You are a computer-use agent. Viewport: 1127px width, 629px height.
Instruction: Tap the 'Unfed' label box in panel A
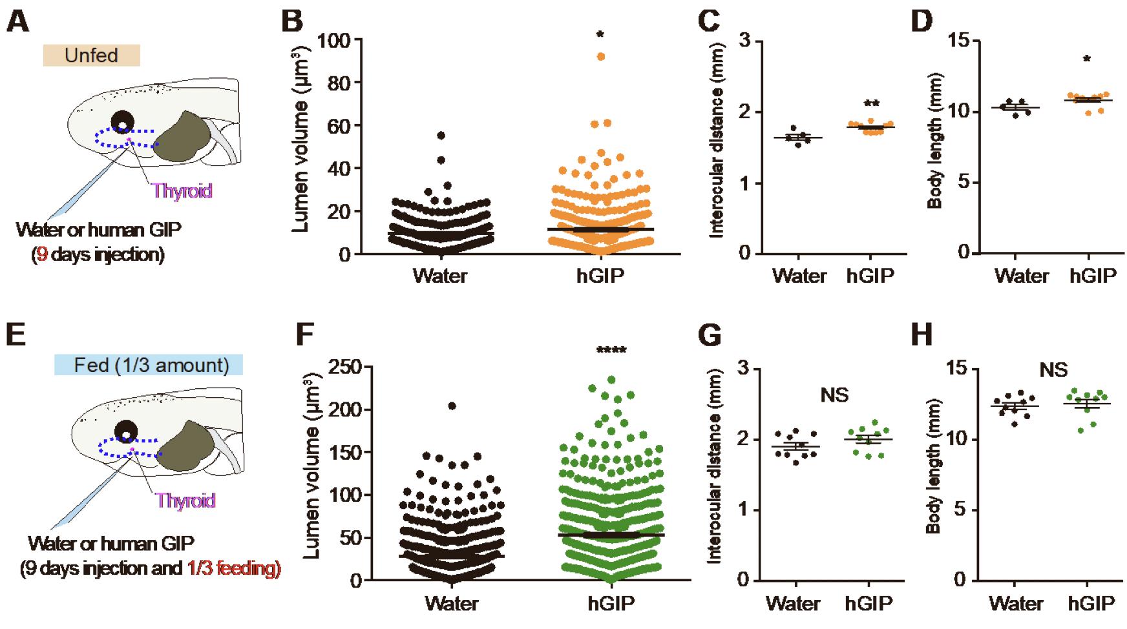coord(91,56)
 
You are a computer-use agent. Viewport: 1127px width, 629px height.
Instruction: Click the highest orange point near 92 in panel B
coord(601,57)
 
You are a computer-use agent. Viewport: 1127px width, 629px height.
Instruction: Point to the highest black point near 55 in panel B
coord(441,136)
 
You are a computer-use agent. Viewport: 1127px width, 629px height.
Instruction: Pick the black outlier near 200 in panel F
coord(452,406)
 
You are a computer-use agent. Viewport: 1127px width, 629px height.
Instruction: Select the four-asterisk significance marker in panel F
coord(611,351)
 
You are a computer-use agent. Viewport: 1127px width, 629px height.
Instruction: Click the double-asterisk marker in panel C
coord(872,103)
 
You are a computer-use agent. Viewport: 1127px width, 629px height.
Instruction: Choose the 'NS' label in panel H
coord(1053,370)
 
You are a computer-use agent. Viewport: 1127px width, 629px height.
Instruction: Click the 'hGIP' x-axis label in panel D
coord(1093,276)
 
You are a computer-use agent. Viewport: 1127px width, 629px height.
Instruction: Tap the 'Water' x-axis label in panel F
coord(452,603)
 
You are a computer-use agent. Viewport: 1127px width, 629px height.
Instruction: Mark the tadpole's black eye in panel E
coord(126,430)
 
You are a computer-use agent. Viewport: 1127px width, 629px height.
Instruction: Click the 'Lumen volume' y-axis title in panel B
coord(301,146)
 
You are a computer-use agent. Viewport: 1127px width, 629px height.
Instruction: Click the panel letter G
coord(711,336)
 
